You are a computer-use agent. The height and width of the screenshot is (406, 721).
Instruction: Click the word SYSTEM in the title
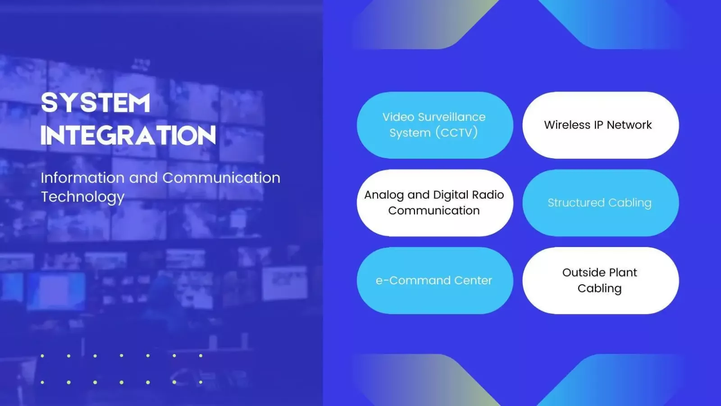[x=96, y=103]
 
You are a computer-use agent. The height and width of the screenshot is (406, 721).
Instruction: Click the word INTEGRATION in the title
[x=128, y=135]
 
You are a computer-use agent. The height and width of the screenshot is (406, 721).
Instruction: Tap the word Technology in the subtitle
[x=82, y=197]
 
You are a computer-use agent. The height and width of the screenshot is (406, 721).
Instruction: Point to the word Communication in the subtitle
[x=221, y=178]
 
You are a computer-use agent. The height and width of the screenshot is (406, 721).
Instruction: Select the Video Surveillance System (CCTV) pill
[x=435, y=125]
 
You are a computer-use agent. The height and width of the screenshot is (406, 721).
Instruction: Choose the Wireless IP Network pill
[x=601, y=125]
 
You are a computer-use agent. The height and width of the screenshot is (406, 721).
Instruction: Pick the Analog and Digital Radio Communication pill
[x=435, y=203]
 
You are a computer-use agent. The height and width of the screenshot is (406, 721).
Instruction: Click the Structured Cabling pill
[x=601, y=203]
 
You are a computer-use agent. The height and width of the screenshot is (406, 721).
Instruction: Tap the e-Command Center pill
[x=435, y=280]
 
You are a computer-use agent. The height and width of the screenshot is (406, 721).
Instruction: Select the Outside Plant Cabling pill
[x=601, y=280]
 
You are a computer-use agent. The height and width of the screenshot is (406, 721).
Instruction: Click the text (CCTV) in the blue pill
[x=456, y=132]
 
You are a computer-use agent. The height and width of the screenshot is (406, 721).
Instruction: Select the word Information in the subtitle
[x=82, y=178]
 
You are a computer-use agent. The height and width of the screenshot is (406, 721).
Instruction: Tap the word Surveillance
[x=456, y=117]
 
